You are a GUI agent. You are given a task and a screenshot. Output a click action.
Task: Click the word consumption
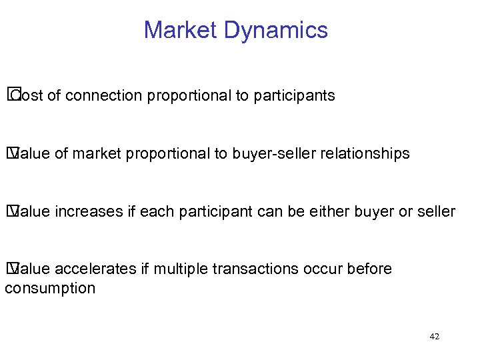pos(50,288)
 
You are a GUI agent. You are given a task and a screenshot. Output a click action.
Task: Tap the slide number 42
pos(434,337)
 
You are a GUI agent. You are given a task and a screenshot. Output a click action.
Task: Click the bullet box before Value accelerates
pos(11,269)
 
